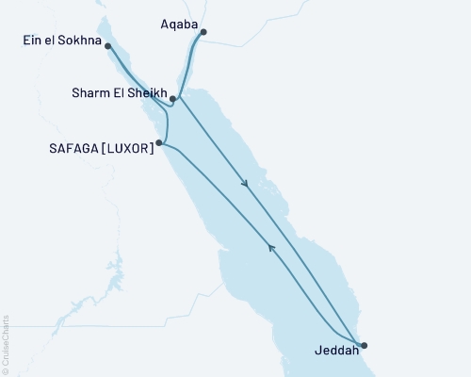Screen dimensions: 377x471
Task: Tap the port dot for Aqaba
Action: point(203,32)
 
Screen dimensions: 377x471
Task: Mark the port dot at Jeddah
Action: point(364,345)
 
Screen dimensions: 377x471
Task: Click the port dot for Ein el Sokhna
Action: point(109,46)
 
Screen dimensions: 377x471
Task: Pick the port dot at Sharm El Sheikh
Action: point(174,98)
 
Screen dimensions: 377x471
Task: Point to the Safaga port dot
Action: point(159,143)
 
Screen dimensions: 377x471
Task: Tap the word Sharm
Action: point(90,94)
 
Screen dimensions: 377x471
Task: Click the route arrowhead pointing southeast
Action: point(246,184)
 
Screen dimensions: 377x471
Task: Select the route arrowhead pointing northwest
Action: point(271,248)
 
